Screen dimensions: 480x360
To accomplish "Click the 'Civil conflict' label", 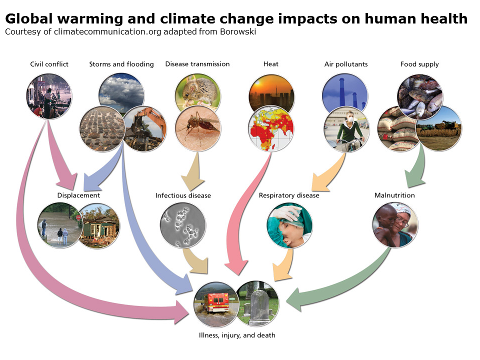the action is tap(49, 64).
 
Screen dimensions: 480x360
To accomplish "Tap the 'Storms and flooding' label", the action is tap(121, 64).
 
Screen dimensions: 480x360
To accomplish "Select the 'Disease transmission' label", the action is tap(197, 64).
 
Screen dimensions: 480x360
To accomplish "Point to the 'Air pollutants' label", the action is tap(346, 64).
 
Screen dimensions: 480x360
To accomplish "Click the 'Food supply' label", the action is tap(419, 64).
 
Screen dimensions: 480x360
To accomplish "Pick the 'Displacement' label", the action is tap(78, 195).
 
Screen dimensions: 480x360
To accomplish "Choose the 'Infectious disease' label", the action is tap(183, 195).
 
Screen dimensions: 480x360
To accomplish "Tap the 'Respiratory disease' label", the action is tap(289, 195).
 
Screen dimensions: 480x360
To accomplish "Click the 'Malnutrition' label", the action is tap(394, 195).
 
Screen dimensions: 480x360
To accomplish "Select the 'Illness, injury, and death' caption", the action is tap(237, 335).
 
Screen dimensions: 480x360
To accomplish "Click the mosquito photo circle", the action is tap(198, 128).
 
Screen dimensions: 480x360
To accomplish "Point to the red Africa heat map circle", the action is tap(271, 128).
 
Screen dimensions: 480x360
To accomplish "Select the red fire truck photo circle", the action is tap(216, 304).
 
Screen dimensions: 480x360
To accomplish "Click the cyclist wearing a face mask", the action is tap(346, 129).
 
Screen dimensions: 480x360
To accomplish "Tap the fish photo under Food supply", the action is tap(419, 97).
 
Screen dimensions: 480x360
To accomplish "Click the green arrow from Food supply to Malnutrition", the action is tap(417, 167).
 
